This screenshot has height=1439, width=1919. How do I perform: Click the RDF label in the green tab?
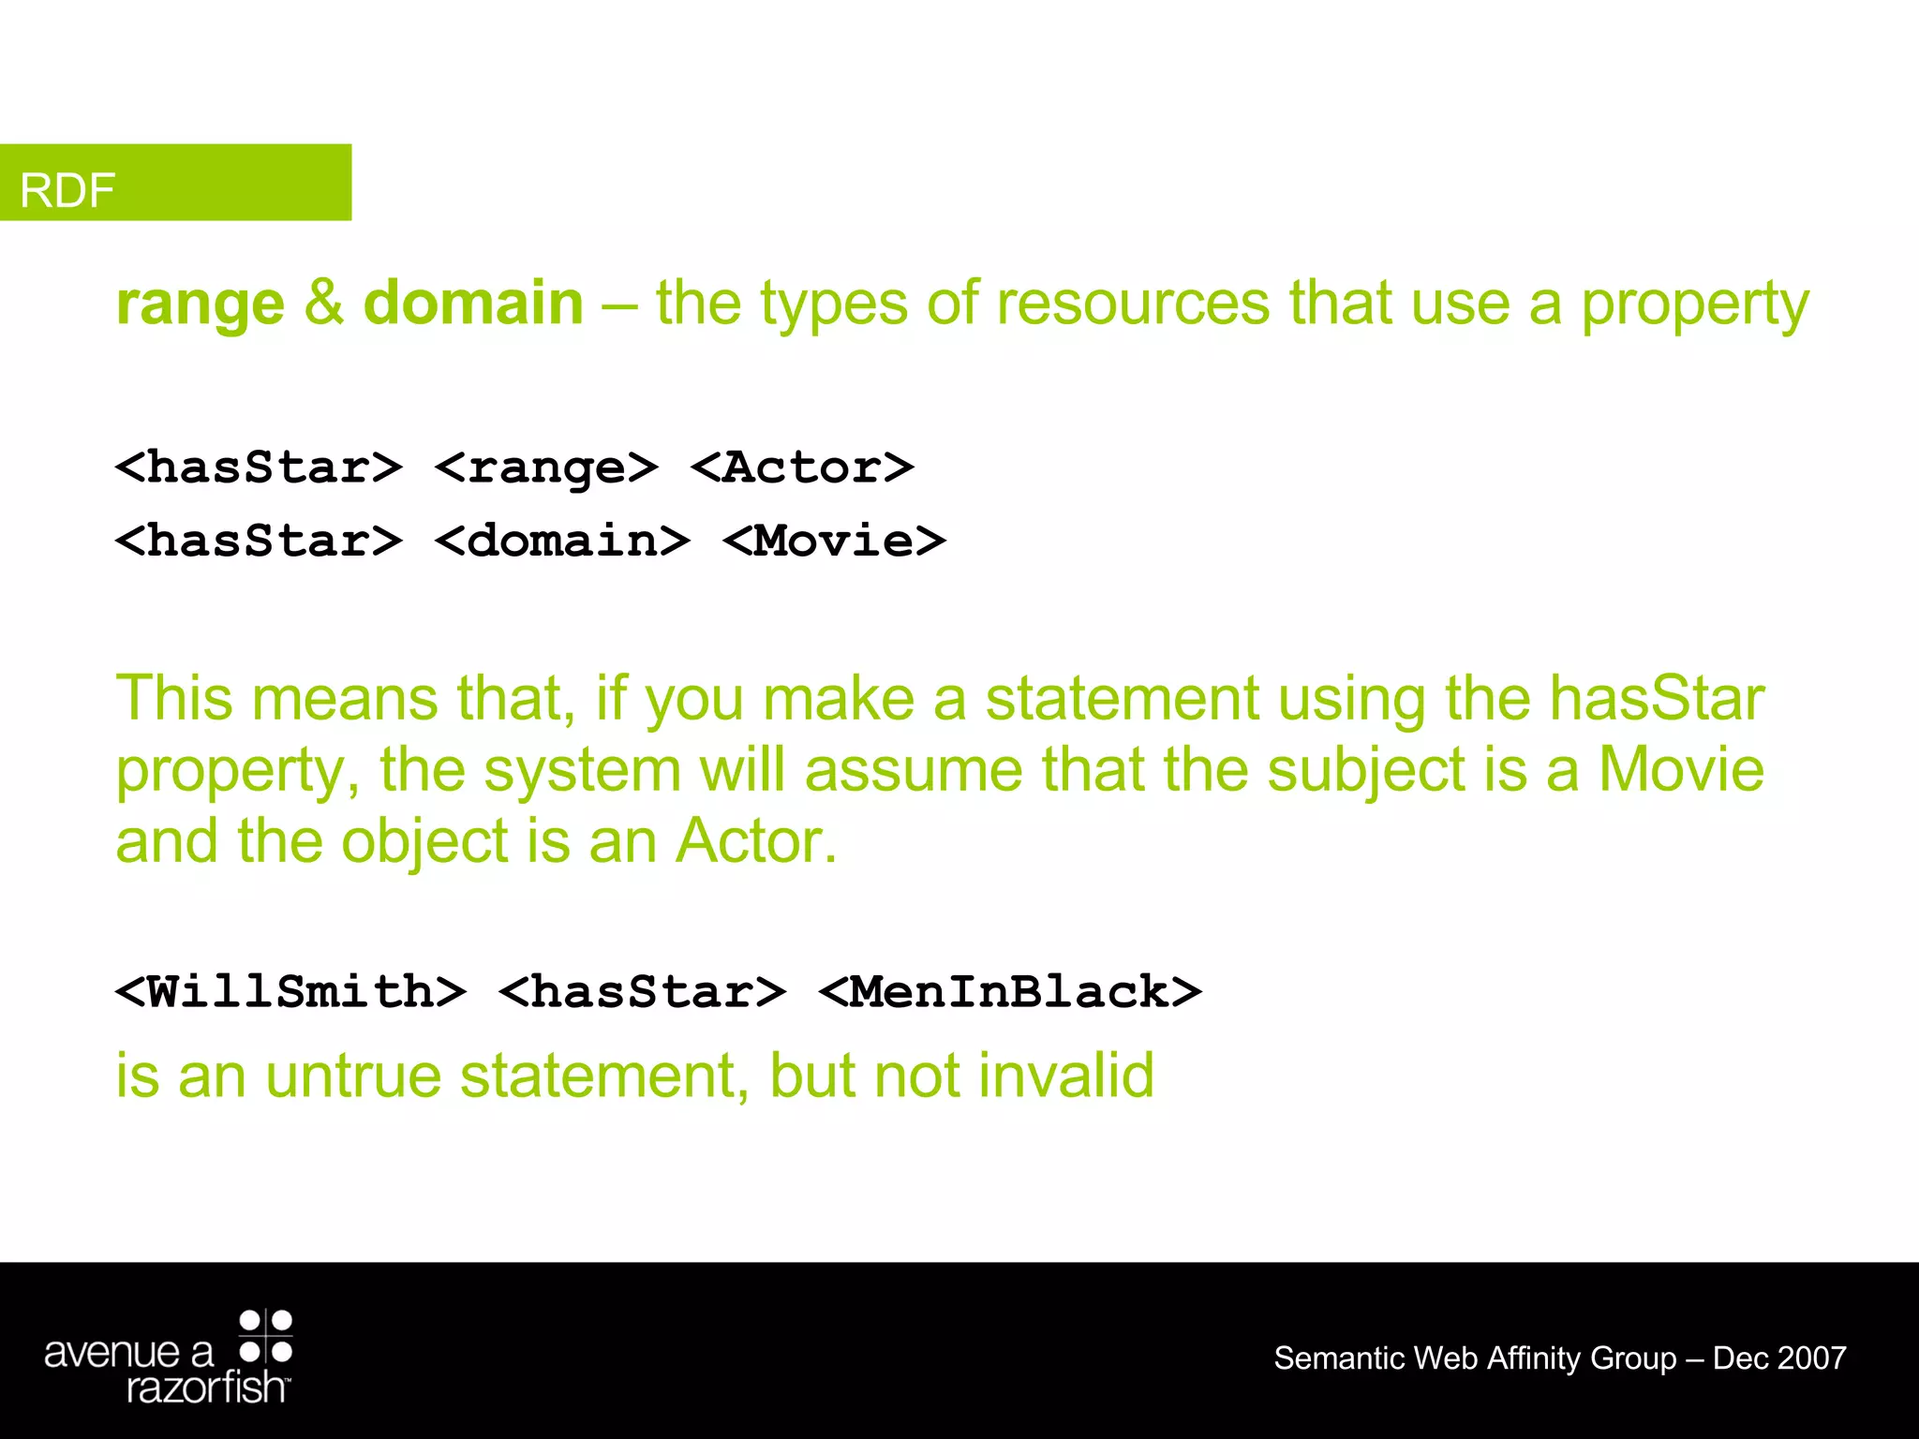point(67,190)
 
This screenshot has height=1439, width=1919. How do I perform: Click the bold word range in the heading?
point(200,304)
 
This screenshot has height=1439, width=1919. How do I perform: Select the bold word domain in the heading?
point(473,304)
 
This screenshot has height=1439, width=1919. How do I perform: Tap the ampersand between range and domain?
point(323,304)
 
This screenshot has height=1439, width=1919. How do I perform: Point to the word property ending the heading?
point(1694,306)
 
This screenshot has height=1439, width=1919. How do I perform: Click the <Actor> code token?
point(802,467)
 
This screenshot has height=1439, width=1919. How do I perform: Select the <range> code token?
point(547,467)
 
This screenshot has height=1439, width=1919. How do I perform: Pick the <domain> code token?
point(563,541)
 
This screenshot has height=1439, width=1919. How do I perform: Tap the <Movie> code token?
point(835,541)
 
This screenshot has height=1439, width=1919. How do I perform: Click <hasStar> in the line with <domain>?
point(260,541)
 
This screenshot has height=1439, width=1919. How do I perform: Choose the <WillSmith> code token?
point(291,992)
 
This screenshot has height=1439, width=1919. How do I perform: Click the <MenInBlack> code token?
point(1010,992)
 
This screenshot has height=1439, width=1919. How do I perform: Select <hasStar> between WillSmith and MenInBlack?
point(643,992)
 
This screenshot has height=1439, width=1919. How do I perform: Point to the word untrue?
point(353,1076)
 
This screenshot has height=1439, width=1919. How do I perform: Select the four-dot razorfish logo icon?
point(266,1336)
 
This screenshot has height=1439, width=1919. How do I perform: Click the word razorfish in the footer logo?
point(205,1387)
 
